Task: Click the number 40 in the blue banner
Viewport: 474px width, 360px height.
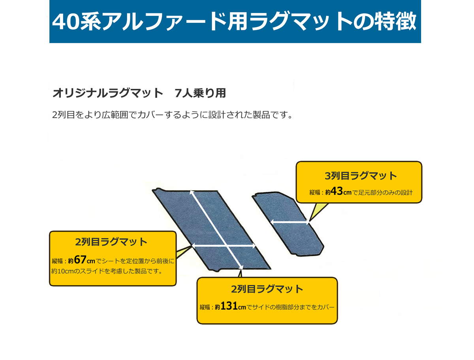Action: click(66, 22)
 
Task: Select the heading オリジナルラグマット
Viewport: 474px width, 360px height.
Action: click(107, 93)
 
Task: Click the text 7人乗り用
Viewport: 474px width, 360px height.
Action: click(200, 93)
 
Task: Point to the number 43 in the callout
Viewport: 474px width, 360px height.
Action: click(337, 191)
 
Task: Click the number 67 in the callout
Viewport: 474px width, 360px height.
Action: click(80, 260)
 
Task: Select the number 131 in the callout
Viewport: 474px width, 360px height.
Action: click(229, 306)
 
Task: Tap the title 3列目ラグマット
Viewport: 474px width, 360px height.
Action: click(361, 176)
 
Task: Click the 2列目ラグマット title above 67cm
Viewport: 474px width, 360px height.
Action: click(111, 242)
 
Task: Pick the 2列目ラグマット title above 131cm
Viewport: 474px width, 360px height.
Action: click(267, 289)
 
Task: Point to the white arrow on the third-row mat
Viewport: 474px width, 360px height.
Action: click(290, 222)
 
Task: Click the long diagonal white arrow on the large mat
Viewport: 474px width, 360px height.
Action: click(216, 230)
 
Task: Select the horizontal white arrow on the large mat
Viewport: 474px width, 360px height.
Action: click(224, 246)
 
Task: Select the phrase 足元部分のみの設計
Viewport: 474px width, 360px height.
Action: click(385, 192)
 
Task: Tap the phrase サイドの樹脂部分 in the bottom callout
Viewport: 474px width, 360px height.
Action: click(276, 307)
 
